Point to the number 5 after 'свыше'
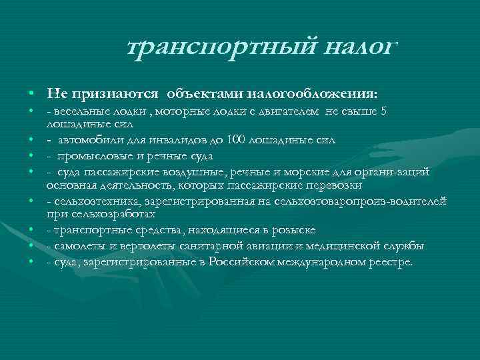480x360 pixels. click(382, 112)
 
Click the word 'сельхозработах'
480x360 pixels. click(110, 215)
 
